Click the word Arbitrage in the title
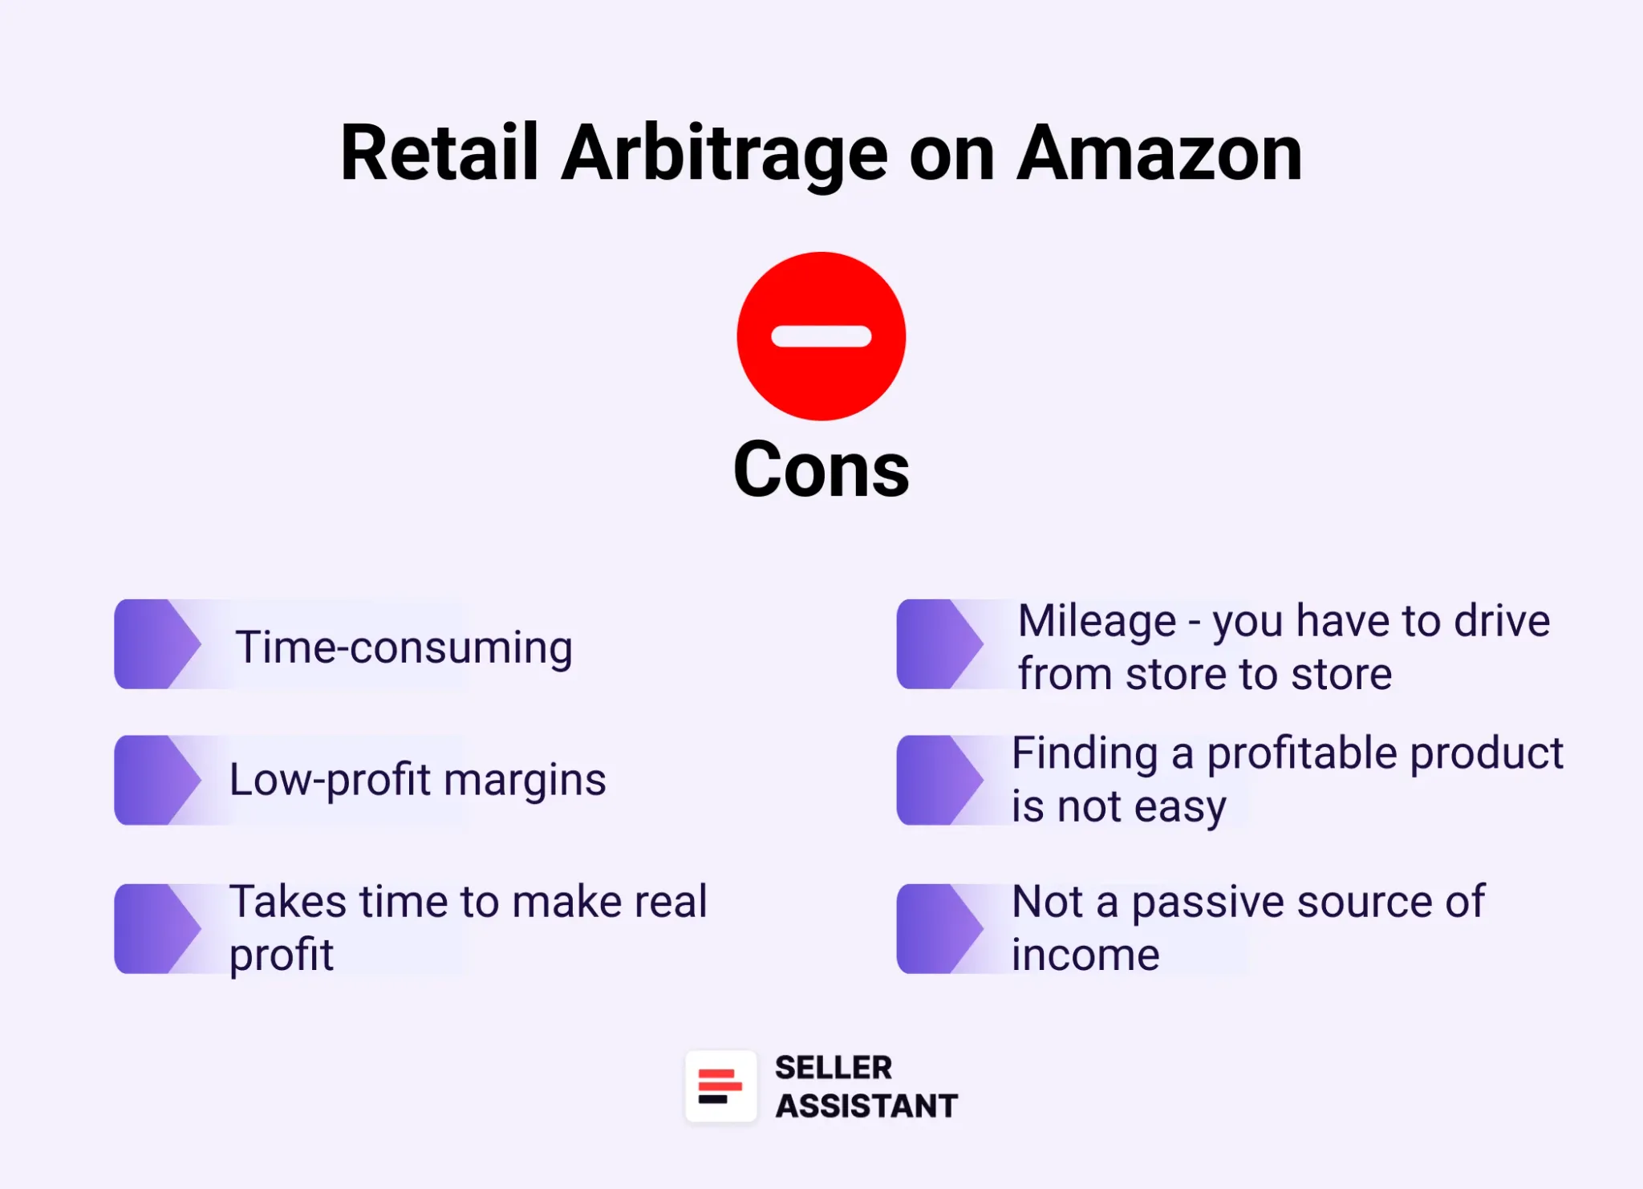coord(724,154)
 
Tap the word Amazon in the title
coord(1159,154)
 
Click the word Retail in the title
coord(438,154)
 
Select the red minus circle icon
coord(821,336)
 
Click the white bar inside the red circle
coord(821,336)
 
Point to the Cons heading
coord(821,470)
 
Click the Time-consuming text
coord(404,647)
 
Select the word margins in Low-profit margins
coord(525,780)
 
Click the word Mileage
coord(1096,622)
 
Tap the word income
coord(1085,955)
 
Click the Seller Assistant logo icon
coord(720,1086)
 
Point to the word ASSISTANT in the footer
coord(866,1106)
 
